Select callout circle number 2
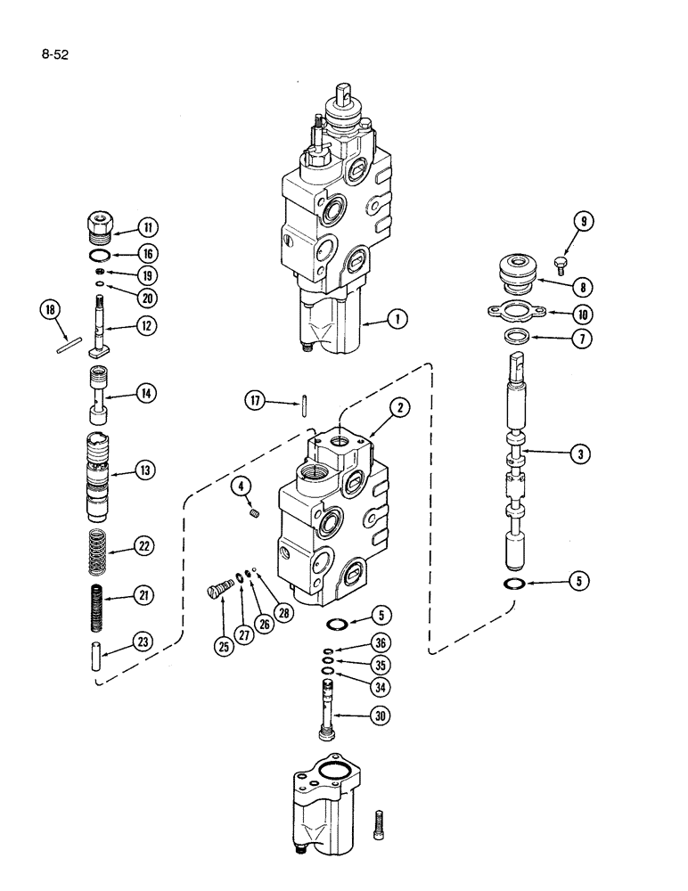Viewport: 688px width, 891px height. [x=401, y=409]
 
